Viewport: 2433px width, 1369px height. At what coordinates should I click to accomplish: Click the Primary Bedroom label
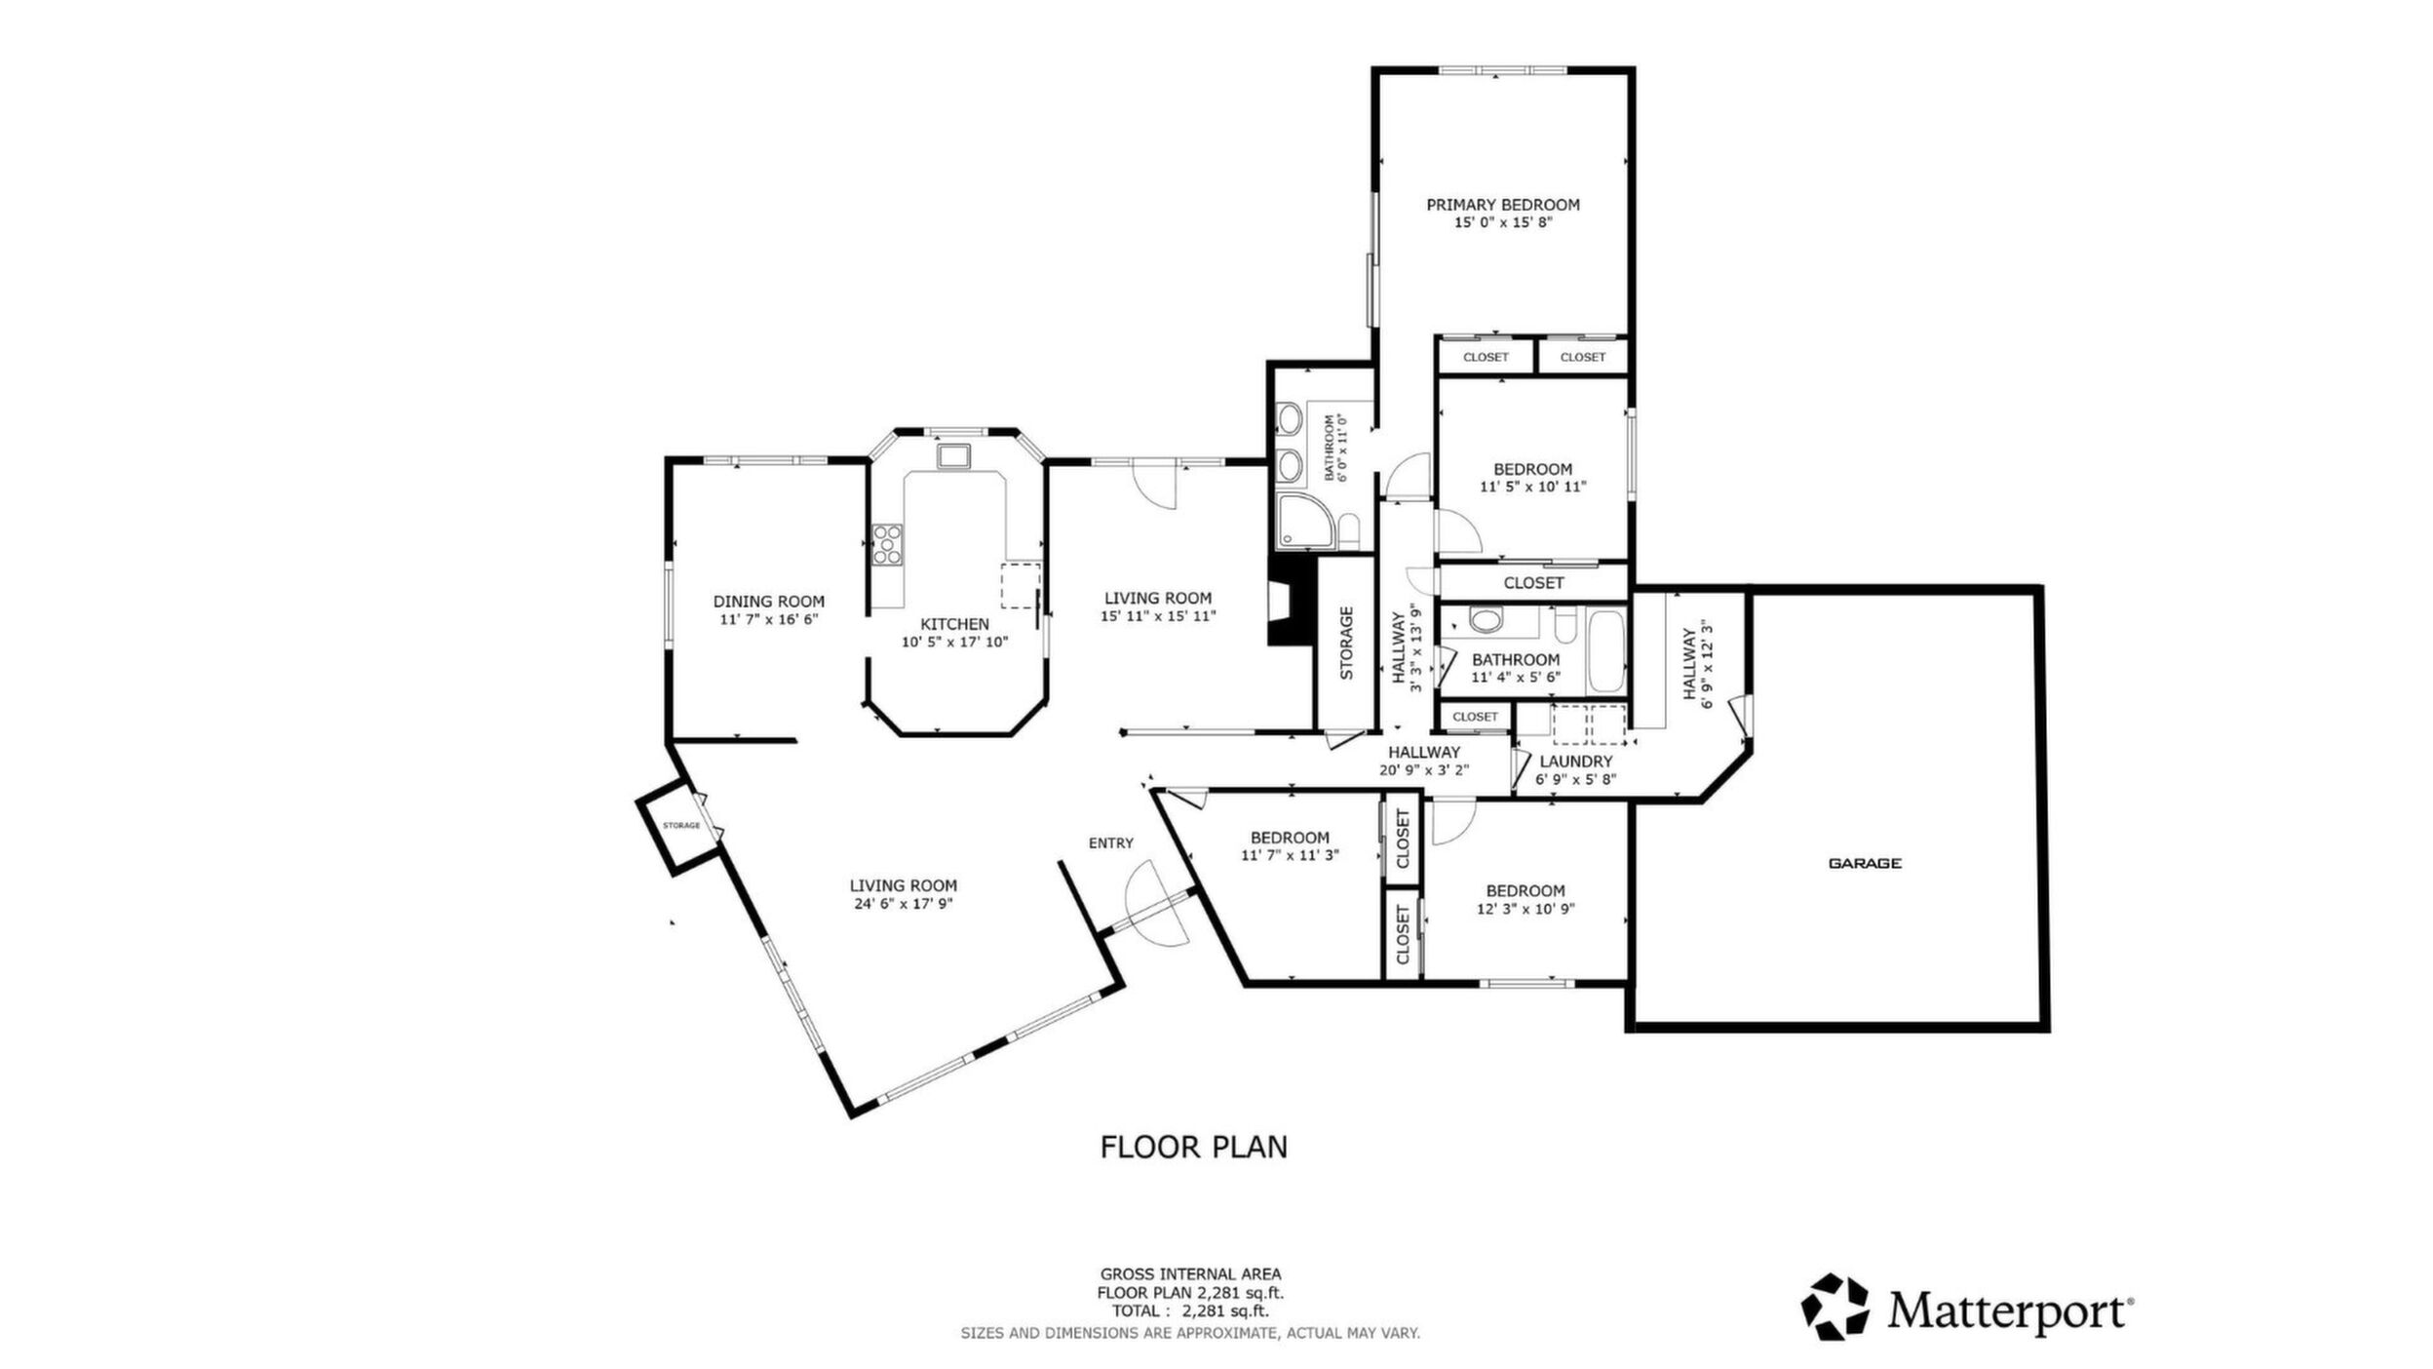pos(1502,205)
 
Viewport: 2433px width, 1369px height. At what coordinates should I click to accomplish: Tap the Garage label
pos(1865,863)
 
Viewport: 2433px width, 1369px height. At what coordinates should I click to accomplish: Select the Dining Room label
pos(768,602)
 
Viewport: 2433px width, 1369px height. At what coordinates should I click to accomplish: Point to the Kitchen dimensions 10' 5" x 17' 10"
pos(954,642)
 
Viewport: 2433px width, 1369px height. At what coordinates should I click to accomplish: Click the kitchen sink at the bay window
pos(953,456)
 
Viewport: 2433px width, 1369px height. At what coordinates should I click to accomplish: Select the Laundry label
pos(1575,762)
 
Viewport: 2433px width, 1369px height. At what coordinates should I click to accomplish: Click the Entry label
pos(1111,843)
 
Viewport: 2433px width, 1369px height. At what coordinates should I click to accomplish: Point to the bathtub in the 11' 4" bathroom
pos(1606,648)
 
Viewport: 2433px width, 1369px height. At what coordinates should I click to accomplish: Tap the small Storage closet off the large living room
pos(681,826)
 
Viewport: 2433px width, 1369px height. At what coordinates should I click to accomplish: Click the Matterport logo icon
pos(1834,1307)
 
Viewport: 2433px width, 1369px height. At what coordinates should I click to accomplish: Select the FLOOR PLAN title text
pos(1193,1147)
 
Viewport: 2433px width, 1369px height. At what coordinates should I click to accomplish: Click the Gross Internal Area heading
pos(1190,1273)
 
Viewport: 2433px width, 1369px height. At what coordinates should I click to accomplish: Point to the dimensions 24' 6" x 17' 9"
pos(903,904)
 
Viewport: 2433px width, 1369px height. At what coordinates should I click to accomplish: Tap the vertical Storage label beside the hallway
pos(1346,643)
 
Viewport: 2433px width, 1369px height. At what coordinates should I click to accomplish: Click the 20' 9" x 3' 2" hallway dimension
pos(1424,769)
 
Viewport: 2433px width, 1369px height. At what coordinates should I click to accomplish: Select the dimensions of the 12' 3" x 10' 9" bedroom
pos(1525,909)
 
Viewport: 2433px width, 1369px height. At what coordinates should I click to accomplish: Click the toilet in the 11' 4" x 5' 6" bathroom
pos(1487,621)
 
